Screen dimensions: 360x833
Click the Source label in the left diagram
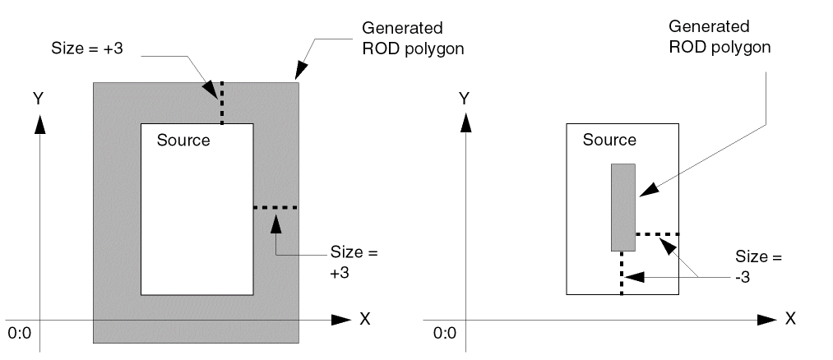[x=183, y=140]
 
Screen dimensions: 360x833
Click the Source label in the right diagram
[x=609, y=140]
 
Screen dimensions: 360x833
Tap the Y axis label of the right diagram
[x=465, y=98]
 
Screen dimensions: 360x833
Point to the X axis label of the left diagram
[x=364, y=319]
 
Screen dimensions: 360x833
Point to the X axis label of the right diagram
[x=790, y=319]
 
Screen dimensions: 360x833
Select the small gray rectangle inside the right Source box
[x=622, y=207]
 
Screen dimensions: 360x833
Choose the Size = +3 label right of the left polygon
[x=354, y=261]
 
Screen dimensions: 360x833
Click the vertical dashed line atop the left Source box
[x=220, y=102]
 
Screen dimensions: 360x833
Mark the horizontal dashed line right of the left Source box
[x=275, y=207]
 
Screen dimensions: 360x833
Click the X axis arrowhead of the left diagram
[x=343, y=319]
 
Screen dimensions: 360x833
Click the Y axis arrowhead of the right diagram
[x=465, y=122]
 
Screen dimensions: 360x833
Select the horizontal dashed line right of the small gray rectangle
[x=657, y=234]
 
